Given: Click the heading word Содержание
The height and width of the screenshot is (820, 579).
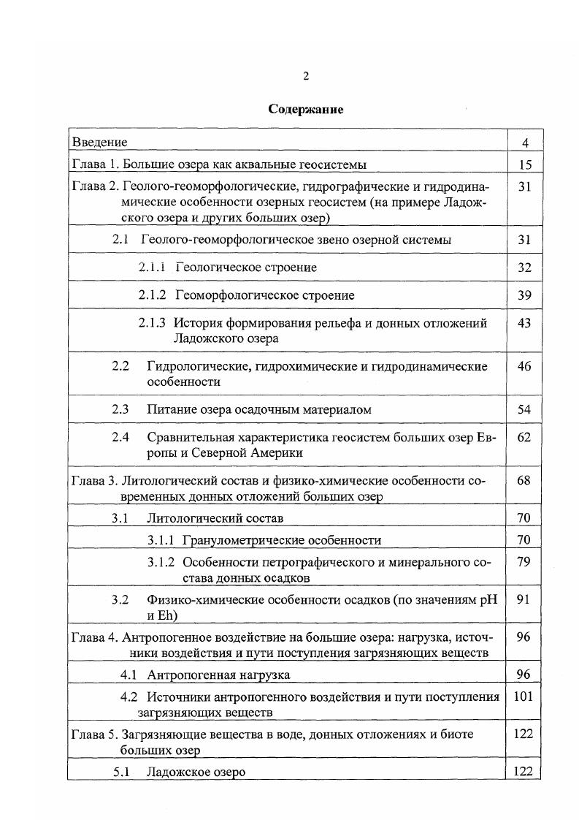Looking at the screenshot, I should pyautogui.click(x=305, y=110).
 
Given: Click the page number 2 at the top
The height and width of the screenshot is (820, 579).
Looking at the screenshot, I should pyautogui.click(x=306, y=76).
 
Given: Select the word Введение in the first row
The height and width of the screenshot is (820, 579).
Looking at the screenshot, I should pyautogui.click(x=99, y=142).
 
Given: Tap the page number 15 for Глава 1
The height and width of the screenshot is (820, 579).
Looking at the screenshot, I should pyautogui.click(x=524, y=164).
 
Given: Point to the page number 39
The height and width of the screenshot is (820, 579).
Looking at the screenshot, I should pyautogui.click(x=524, y=295).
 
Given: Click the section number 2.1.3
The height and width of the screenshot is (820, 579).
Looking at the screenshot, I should pyautogui.click(x=153, y=323).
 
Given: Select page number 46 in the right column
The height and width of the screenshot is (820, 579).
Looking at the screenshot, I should pyautogui.click(x=524, y=366).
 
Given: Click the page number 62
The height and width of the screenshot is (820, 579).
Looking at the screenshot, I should pyautogui.click(x=524, y=438).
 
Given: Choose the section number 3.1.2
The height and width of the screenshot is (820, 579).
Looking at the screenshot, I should pyautogui.click(x=161, y=563).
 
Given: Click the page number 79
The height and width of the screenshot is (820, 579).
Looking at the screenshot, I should pyautogui.click(x=524, y=563).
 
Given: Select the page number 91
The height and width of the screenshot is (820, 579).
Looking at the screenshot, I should pyautogui.click(x=524, y=599).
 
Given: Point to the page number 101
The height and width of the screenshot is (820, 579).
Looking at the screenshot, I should pyautogui.click(x=524, y=696).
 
